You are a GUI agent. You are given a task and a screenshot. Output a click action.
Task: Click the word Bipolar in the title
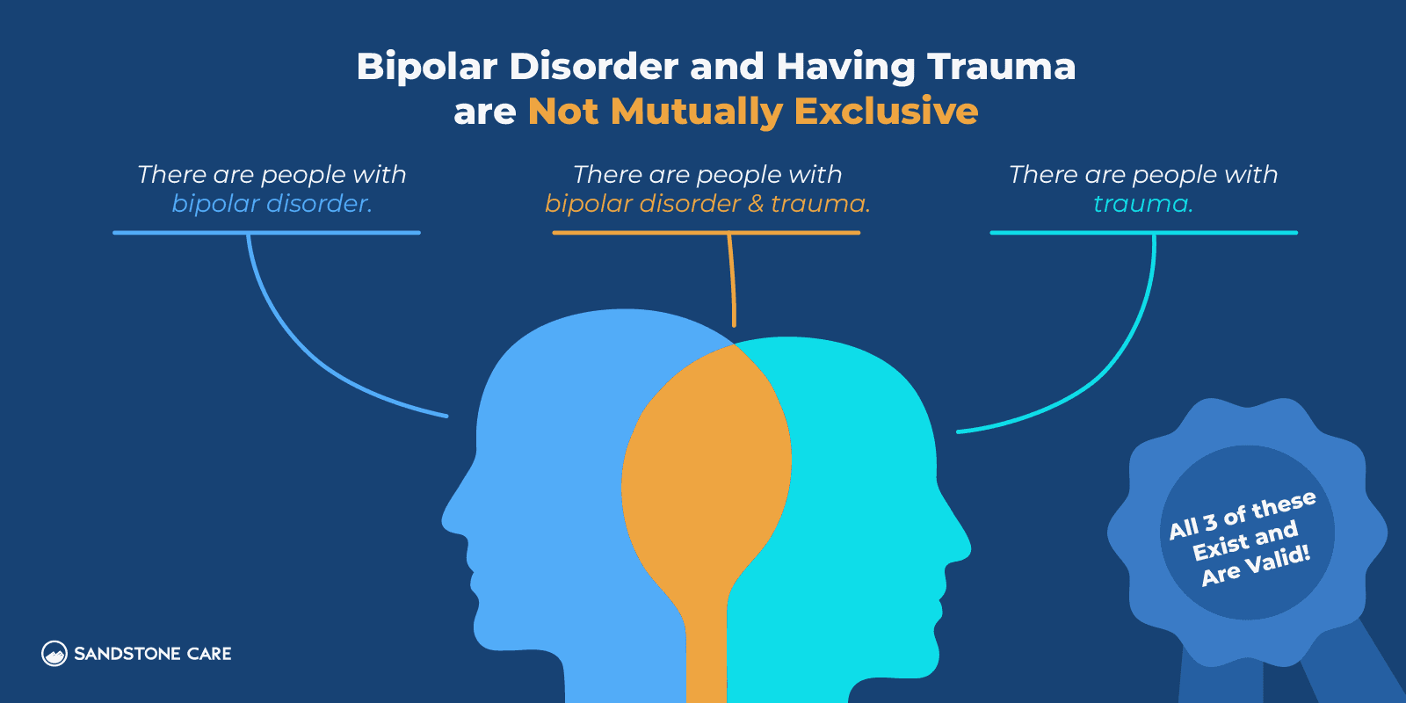click(427, 68)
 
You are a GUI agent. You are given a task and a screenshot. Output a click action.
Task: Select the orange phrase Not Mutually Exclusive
click(753, 112)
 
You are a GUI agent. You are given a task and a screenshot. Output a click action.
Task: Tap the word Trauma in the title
click(1001, 67)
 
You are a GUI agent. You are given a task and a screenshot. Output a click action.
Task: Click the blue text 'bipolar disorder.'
click(272, 204)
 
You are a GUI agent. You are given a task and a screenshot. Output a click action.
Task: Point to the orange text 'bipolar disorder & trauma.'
click(707, 204)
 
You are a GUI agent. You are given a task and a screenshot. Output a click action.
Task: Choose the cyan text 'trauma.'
click(1142, 204)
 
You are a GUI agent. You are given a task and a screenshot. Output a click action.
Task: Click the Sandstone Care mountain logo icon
click(54, 653)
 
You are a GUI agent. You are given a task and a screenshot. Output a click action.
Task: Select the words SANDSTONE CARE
click(153, 654)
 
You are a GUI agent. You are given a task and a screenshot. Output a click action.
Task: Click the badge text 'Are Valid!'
click(1256, 565)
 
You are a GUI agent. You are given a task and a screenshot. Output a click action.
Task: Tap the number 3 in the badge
click(1210, 522)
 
